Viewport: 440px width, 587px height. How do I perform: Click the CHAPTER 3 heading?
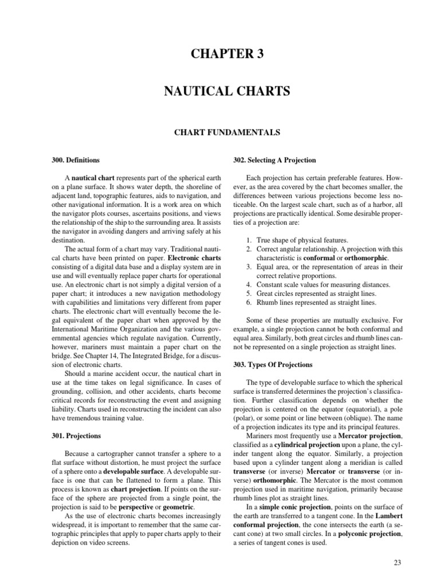220,54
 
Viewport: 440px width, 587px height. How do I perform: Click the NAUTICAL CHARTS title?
220,91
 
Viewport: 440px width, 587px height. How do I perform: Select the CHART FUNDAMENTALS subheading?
220,132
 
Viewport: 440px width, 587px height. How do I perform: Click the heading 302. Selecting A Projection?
273,160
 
